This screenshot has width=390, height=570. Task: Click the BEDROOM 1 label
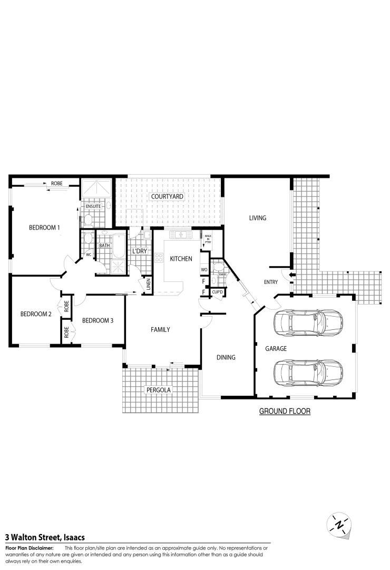[44, 227]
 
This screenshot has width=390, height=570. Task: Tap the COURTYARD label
[167, 197]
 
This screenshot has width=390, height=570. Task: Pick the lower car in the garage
[308, 373]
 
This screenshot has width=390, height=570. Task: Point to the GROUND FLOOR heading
[285, 411]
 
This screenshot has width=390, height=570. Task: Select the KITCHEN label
[181, 259]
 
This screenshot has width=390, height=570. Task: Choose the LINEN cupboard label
[149, 285]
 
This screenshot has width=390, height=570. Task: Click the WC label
[89, 254]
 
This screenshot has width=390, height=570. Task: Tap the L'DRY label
[140, 251]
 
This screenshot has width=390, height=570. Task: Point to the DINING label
[226, 357]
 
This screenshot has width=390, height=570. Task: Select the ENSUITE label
[94, 206]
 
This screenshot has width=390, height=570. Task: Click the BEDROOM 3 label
[97, 320]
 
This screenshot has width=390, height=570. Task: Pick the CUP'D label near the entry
[218, 292]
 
